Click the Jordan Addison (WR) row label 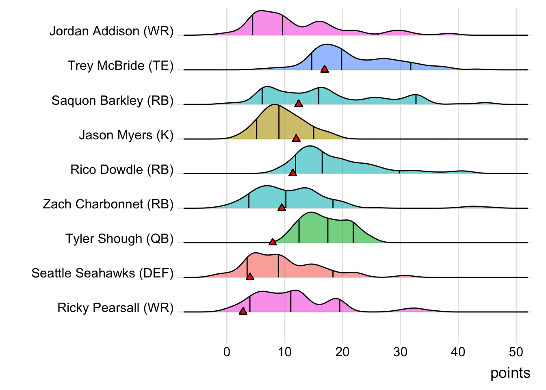111,31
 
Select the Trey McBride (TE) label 120,66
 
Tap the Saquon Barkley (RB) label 112,100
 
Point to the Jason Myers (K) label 126,135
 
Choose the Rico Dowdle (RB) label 122,169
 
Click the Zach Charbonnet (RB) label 108,204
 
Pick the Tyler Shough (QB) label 119,238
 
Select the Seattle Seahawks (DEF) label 102,273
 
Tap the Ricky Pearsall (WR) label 115,308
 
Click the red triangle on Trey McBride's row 325,69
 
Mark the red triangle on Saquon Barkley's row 299,104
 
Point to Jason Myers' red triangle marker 296,139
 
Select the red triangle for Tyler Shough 273,242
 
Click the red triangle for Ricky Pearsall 243,311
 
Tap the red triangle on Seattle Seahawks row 250,277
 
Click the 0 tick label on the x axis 227,352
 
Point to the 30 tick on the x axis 400,352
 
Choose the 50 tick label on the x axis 516,352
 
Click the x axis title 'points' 510,373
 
